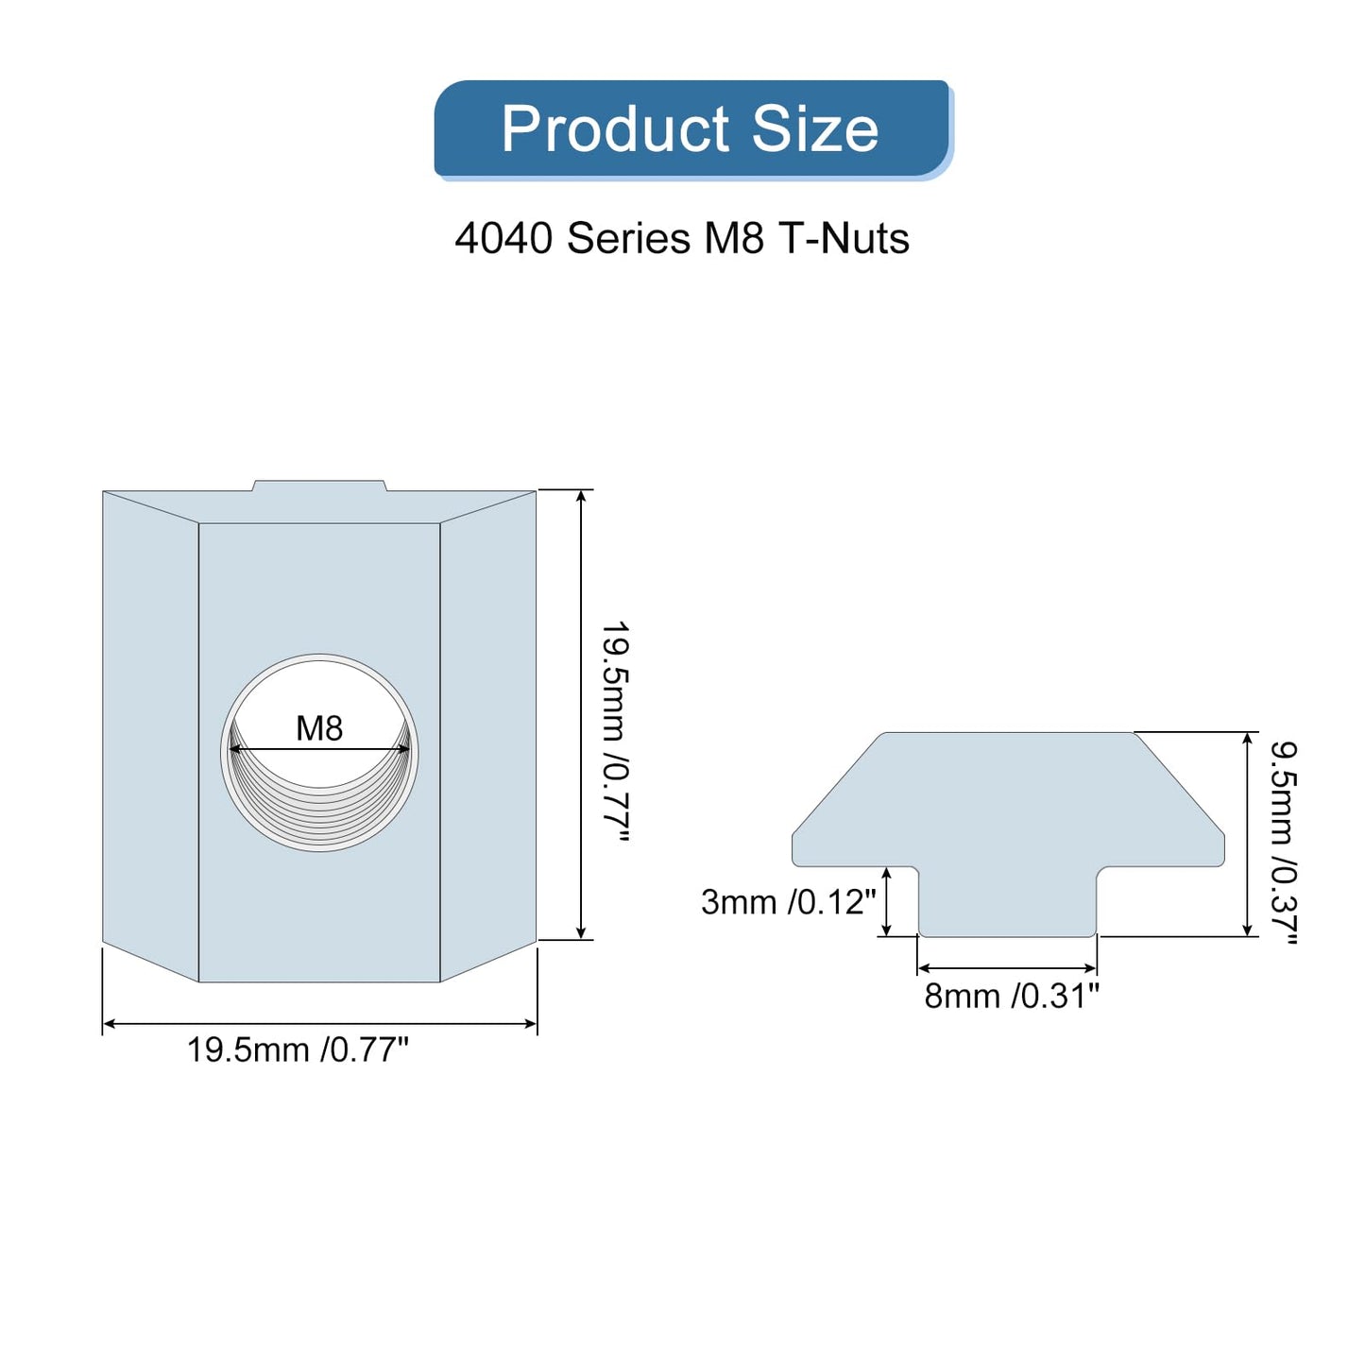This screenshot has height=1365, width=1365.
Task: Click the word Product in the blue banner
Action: pos(615,129)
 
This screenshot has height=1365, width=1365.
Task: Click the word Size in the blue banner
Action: pos(815,129)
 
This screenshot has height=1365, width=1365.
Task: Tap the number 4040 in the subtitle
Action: pos(503,238)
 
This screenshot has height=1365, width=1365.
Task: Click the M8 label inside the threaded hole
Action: pos(319,728)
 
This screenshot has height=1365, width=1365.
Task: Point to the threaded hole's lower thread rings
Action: pos(319,812)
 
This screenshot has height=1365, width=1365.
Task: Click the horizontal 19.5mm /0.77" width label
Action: pos(298,1049)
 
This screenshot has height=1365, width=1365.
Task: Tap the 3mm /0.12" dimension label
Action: pos(788,902)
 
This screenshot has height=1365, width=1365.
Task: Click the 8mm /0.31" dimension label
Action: pos(1012,996)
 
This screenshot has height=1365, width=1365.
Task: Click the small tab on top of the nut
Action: pos(319,486)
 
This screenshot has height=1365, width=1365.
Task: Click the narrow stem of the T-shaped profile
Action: pos(1007,902)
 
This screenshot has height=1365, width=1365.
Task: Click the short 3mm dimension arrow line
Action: pos(886,902)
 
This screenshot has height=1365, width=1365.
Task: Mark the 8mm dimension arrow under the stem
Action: pos(1007,968)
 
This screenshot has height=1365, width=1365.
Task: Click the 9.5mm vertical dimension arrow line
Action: pos(1248,834)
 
